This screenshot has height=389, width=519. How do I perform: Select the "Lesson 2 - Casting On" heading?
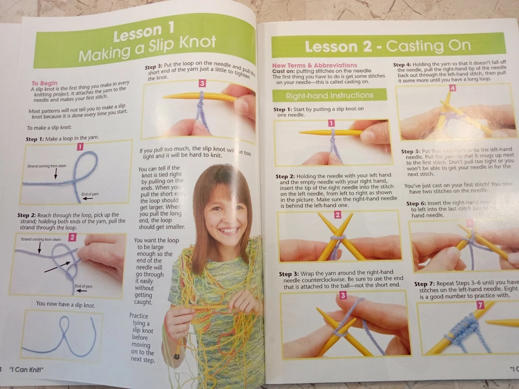point(387,46)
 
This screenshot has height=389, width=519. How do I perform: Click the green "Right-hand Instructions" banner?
point(329,96)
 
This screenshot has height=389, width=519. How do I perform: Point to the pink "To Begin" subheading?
point(44,83)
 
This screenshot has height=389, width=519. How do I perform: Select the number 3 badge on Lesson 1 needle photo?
point(202,84)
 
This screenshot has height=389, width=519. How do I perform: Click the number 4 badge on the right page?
point(452,88)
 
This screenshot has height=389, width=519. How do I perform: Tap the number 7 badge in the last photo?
point(480,305)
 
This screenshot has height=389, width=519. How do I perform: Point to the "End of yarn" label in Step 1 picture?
point(90,194)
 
